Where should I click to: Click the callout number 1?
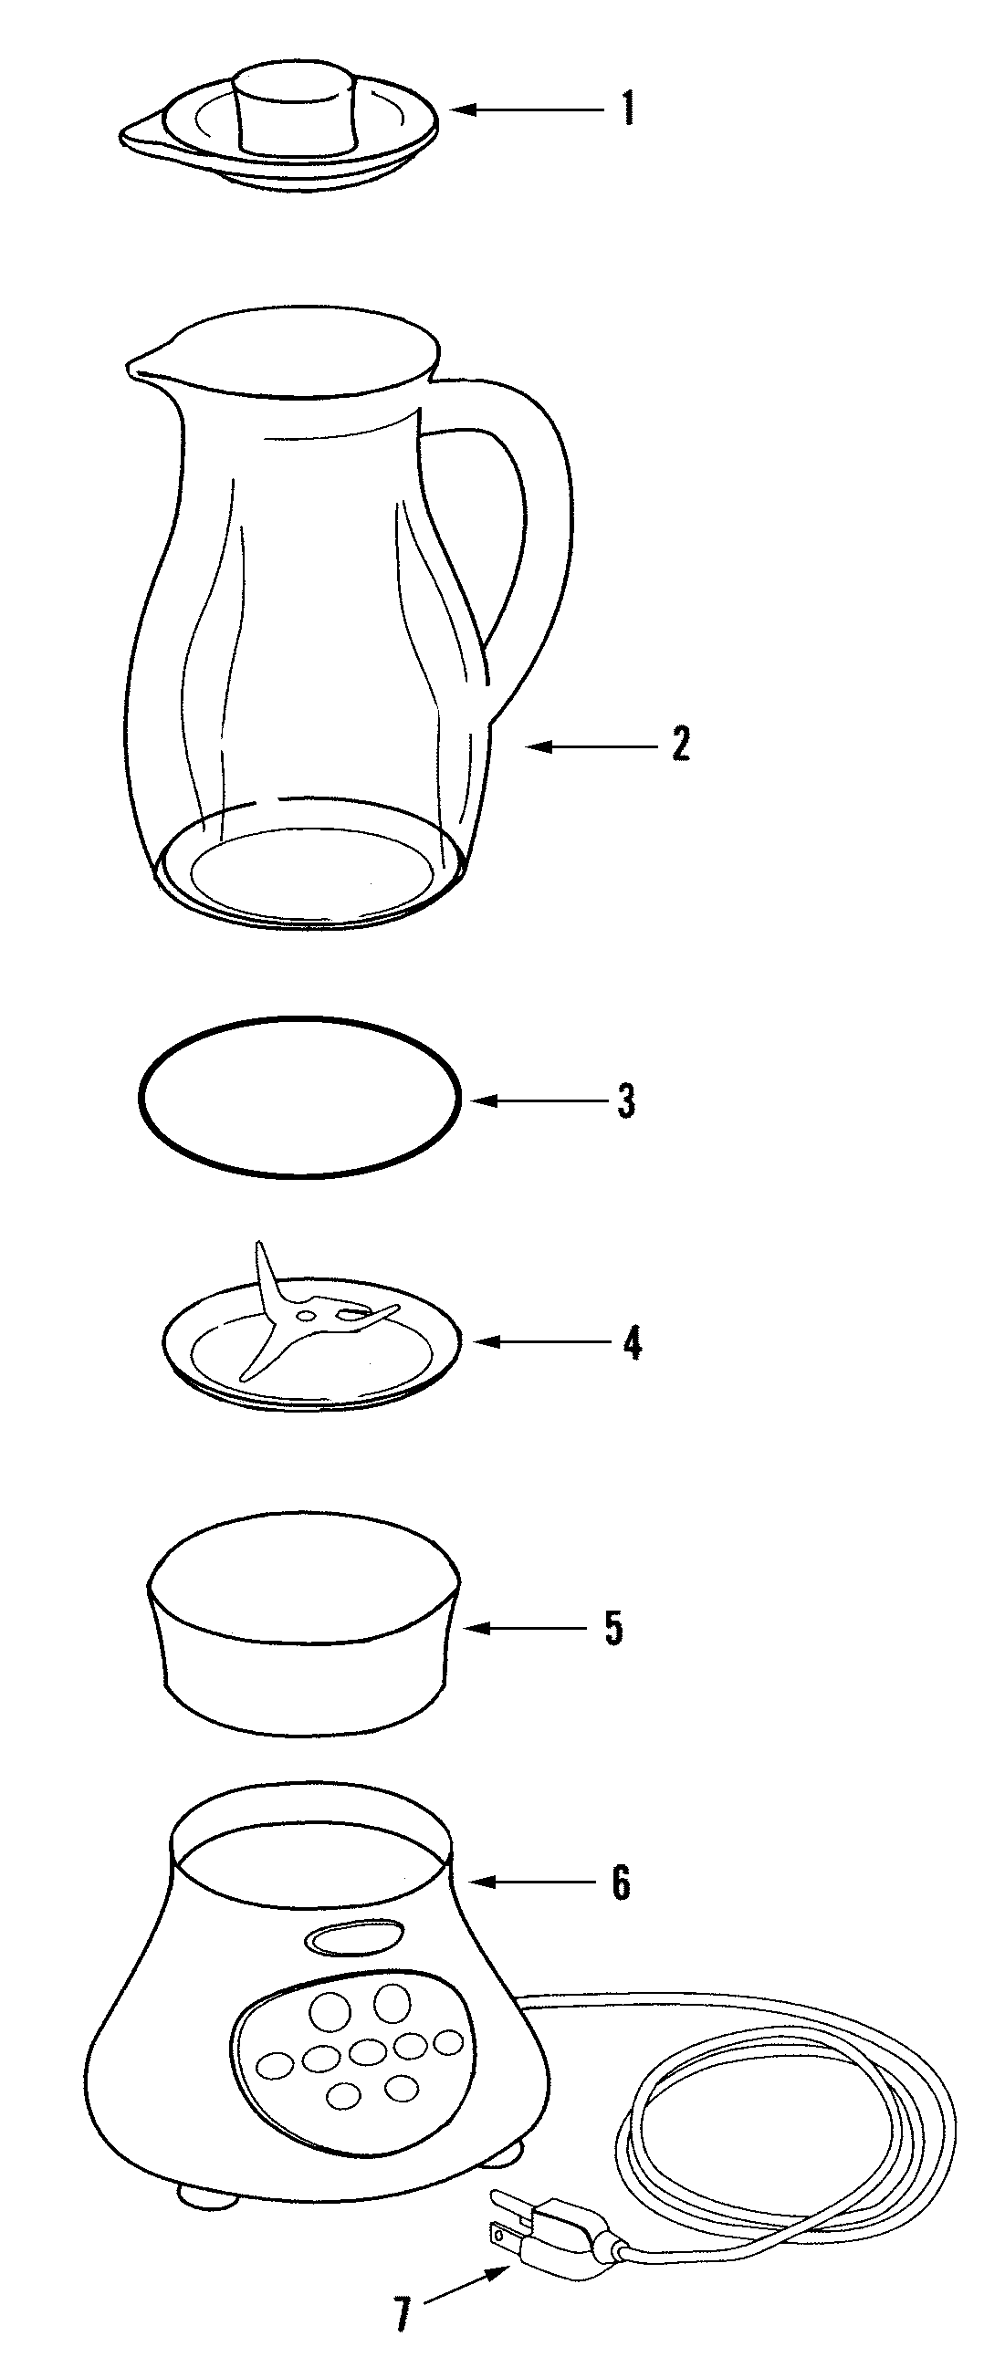[628, 110]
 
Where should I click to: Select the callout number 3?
[627, 1101]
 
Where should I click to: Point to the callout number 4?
[632, 1342]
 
